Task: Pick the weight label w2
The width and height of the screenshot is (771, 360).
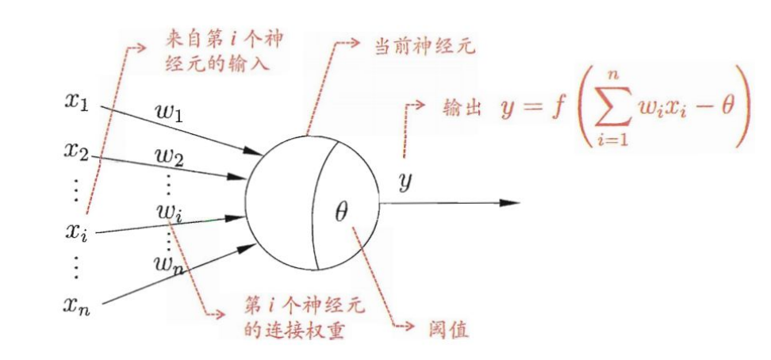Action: pos(170,156)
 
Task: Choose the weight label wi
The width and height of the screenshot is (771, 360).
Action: pos(169,212)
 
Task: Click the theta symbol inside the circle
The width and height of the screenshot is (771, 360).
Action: pos(342,213)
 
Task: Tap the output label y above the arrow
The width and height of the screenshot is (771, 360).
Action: pos(405,182)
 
